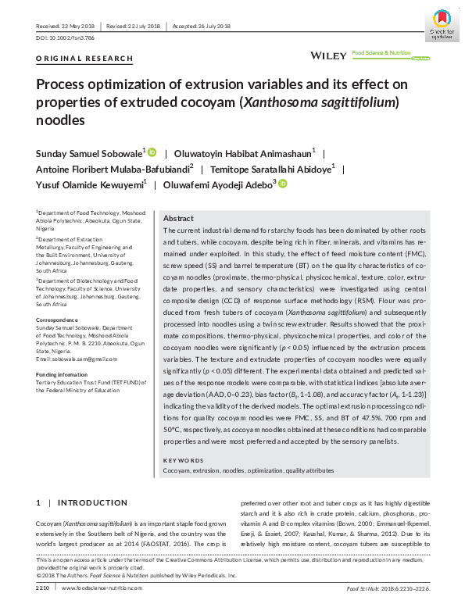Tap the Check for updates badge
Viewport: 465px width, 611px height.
[x=442, y=23]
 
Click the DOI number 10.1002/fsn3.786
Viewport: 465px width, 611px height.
[x=77, y=37]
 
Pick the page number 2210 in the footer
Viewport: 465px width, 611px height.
[x=43, y=586]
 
